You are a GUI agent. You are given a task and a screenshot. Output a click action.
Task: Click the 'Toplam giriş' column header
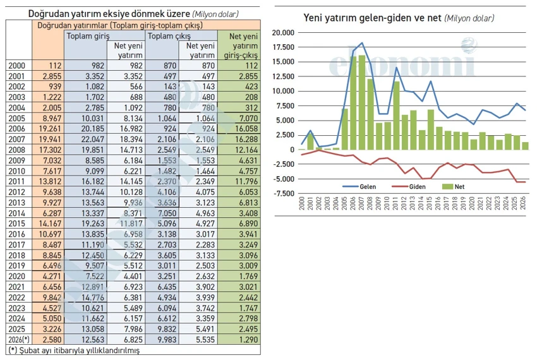click(x=87, y=36)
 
